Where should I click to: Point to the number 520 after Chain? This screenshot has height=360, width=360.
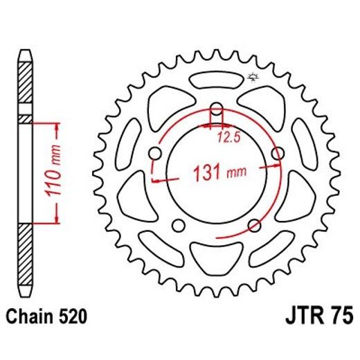[x=71, y=318]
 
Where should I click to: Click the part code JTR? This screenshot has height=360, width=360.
[x=304, y=318]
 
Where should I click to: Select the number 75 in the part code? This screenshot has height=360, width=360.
[x=340, y=318]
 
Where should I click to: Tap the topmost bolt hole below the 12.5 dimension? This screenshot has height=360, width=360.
[x=216, y=109]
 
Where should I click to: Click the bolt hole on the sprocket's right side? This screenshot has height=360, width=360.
[x=278, y=153]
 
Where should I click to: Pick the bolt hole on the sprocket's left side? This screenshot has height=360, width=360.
[x=154, y=153]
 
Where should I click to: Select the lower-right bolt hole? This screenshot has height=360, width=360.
[x=254, y=226]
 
